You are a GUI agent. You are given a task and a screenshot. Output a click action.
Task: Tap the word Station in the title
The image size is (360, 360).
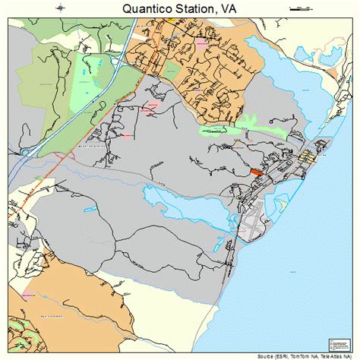(196, 9)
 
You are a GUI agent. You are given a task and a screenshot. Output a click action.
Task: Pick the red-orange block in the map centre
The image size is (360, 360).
(256, 172)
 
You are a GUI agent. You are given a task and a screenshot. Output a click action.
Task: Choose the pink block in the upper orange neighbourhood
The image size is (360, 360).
(202, 44)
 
